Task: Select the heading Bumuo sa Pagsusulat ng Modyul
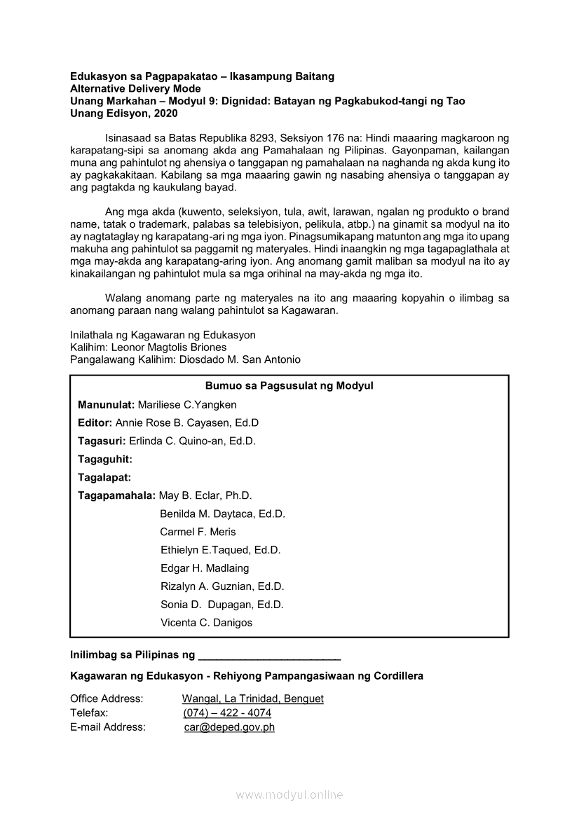coord(289,386)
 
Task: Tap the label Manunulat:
coord(106,404)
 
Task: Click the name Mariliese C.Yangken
coord(187,404)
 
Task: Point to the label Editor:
coord(95,422)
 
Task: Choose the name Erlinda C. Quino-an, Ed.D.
coord(192,441)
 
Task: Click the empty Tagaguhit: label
coord(104,459)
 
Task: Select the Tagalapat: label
coord(104,477)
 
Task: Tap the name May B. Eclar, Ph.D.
coord(205,495)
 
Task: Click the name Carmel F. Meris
coord(198,532)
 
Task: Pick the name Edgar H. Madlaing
coord(205,568)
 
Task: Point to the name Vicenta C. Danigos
coord(206,623)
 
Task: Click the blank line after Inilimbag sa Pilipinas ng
coord(270,657)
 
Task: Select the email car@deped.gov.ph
coord(229,727)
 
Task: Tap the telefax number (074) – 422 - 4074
coord(227,713)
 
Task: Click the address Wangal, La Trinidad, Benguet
coord(252,699)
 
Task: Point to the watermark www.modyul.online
coord(289,795)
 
